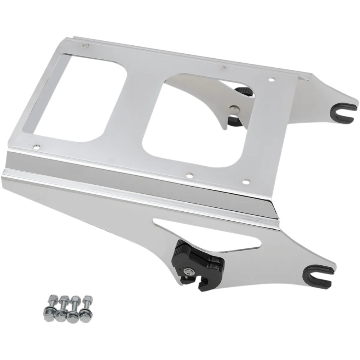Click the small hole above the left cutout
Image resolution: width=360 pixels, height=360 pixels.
86,46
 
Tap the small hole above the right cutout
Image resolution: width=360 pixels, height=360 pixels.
223,67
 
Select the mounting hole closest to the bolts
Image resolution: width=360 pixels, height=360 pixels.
36,147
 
